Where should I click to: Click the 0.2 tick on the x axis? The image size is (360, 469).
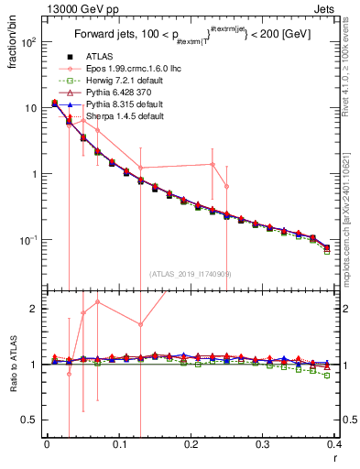click(x=191, y=444)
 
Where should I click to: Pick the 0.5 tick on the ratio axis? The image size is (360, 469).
click(x=30, y=420)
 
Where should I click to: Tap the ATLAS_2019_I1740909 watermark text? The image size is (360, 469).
click(x=190, y=273)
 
